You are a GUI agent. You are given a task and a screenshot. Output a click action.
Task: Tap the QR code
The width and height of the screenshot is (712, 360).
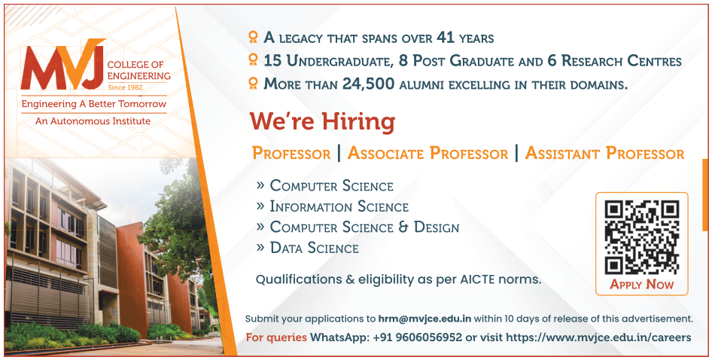pyautogui.click(x=641, y=236)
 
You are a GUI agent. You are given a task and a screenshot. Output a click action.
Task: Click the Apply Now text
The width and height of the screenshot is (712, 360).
pyautogui.click(x=641, y=285)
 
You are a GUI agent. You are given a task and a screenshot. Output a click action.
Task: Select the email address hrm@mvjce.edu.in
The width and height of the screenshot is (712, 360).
pyautogui.click(x=424, y=319)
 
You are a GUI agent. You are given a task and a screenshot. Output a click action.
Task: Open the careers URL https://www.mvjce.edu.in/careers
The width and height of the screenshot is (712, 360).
pyautogui.click(x=598, y=337)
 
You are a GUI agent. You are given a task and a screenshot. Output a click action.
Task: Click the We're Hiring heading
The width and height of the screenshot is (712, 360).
pyautogui.click(x=322, y=122)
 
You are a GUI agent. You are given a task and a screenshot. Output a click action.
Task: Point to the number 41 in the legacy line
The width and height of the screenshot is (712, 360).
pyautogui.click(x=446, y=37)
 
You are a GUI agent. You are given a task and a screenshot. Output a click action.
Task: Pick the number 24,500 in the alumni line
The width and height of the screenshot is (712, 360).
pyautogui.click(x=368, y=84)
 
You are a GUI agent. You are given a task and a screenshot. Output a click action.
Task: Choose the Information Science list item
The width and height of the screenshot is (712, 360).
pyautogui.click(x=339, y=206)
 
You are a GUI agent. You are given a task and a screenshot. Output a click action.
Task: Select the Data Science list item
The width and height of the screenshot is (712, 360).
pyautogui.click(x=314, y=248)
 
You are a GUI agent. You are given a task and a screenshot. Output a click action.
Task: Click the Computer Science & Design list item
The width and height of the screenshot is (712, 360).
pyautogui.click(x=364, y=227)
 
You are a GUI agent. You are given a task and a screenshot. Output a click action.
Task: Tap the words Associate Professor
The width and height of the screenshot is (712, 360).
pyautogui.click(x=428, y=154)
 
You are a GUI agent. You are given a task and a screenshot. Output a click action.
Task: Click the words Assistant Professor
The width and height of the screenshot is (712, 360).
pyautogui.click(x=605, y=154)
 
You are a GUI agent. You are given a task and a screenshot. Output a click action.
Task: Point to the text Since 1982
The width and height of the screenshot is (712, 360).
pyautogui.click(x=126, y=87)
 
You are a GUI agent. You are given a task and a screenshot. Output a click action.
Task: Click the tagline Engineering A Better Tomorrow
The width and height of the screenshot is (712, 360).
pyautogui.click(x=94, y=104)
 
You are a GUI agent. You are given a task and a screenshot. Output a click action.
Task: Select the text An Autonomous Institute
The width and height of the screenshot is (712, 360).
pyautogui.click(x=93, y=121)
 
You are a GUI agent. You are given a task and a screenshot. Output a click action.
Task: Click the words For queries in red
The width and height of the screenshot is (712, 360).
pyautogui.click(x=276, y=337)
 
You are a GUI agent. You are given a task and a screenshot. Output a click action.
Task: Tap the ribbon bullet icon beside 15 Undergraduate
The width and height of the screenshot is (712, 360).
pyautogui.click(x=254, y=59)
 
